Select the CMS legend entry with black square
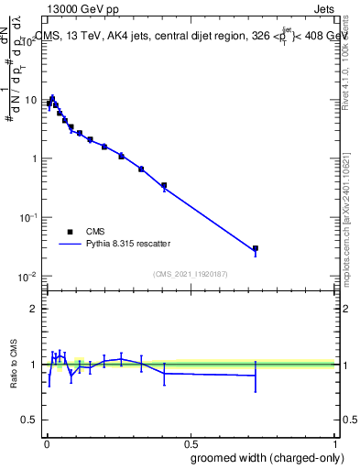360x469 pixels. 70,232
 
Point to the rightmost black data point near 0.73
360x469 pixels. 256,248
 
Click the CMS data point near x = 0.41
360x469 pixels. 164,185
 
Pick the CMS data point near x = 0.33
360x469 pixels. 141,169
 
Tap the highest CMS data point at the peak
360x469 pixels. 52,99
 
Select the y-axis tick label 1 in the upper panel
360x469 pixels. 33,158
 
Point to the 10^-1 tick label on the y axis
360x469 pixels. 28,217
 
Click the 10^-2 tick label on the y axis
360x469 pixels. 28,276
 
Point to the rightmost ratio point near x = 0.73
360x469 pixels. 256,376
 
